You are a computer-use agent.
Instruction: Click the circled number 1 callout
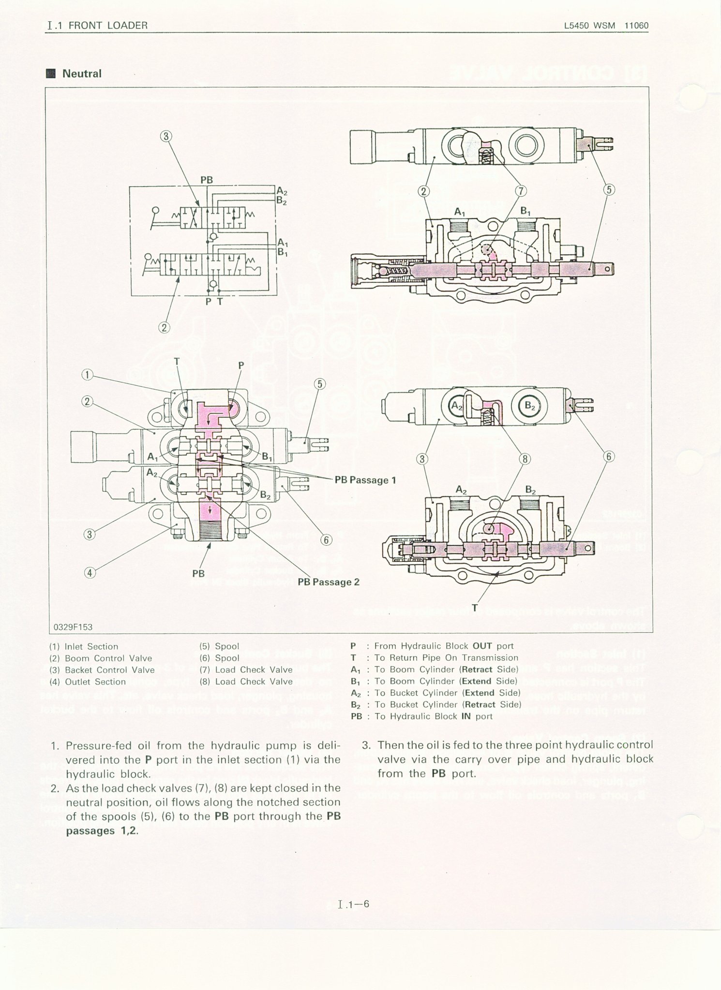point(87,375)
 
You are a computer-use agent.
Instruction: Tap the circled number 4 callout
point(90,573)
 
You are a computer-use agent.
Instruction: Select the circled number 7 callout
point(521,191)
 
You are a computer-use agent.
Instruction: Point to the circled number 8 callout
point(525,459)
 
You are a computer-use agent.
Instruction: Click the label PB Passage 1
point(365,480)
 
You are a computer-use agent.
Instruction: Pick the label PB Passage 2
point(329,582)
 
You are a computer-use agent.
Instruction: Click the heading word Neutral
point(82,74)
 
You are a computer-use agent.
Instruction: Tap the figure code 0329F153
point(73,627)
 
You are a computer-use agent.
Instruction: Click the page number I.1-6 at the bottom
point(354,903)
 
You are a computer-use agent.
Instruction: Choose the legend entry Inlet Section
point(91,647)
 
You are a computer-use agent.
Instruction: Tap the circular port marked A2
point(457,407)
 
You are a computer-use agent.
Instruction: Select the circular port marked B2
point(530,407)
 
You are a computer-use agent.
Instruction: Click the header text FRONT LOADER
point(108,26)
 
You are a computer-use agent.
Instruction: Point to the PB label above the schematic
point(207,180)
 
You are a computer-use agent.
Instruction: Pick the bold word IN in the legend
point(466,716)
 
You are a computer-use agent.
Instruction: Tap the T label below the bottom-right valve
point(475,608)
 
